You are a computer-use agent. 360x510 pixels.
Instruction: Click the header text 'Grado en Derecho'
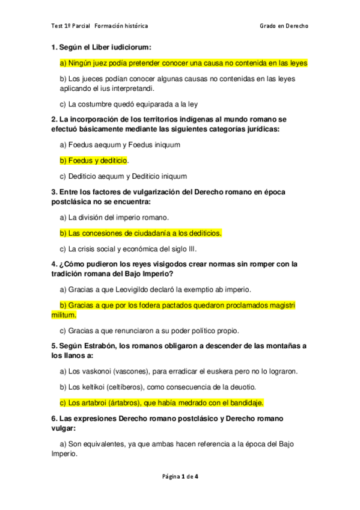tap(284, 26)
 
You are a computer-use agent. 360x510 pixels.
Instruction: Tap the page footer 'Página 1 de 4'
tap(180, 477)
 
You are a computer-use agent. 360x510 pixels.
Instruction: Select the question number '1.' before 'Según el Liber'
tap(54, 47)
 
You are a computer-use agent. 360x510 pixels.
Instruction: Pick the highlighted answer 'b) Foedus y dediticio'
tap(94, 161)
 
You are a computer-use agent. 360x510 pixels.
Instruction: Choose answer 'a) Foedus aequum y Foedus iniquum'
tap(120, 145)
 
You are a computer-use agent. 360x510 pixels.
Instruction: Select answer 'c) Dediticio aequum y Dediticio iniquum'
tap(123, 176)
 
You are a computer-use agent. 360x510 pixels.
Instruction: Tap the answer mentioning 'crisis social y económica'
tap(128, 248)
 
